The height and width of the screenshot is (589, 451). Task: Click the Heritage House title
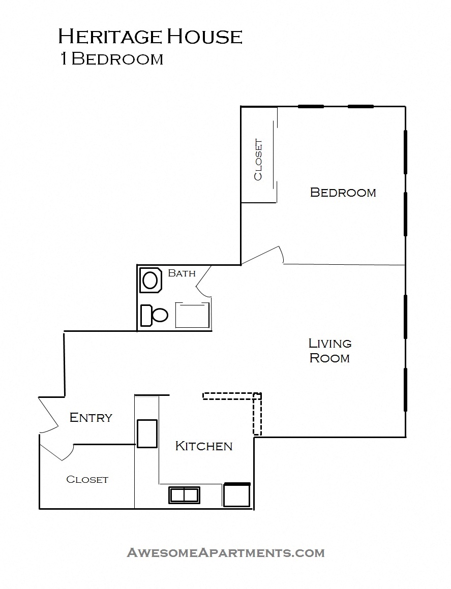point(150,37)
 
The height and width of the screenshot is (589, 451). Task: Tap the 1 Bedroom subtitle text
point(111,59)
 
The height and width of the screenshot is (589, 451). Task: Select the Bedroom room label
point(343,193)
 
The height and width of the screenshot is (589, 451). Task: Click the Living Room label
point(330,351)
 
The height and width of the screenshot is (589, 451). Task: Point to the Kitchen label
point(203,446)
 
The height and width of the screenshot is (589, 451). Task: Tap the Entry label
point(91,418)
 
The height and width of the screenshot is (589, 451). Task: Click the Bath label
point(182,273)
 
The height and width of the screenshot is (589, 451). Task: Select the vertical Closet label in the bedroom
point(258,160)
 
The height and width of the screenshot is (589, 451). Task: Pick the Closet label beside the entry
point(87,479)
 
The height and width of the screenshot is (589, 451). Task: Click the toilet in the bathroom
point(154,315)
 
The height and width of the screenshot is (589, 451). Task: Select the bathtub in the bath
point(192,315)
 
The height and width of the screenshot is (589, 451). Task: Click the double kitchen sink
point(184,494)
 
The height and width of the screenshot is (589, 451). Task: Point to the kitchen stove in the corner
point(237,495)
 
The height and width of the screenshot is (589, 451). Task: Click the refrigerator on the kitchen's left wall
point(147,433)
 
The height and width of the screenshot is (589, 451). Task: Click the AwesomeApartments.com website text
point(225,552)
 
